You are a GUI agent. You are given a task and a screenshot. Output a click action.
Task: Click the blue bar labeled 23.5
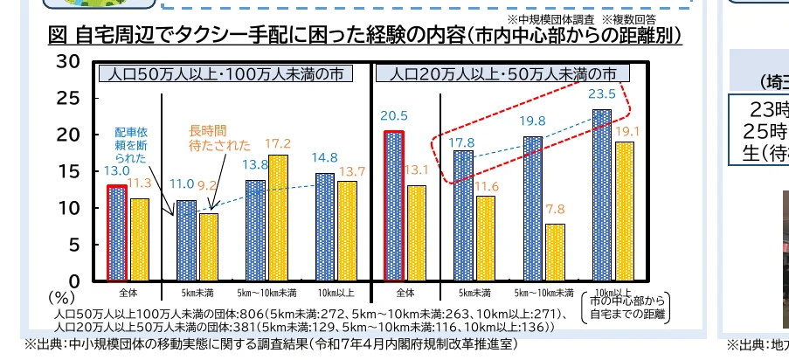(601, 195)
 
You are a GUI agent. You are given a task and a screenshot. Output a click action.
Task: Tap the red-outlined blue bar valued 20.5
(395, 206)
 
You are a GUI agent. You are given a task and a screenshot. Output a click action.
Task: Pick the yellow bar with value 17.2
(278, 218)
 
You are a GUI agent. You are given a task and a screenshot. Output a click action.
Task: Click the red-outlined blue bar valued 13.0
(117, 233)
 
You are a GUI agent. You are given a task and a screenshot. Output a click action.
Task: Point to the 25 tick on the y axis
(67, 98)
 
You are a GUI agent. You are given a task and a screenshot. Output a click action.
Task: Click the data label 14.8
(323, 158)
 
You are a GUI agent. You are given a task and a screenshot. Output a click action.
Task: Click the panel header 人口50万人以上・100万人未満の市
(227, 73)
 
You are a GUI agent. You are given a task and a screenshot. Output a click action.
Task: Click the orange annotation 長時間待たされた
(219, 138)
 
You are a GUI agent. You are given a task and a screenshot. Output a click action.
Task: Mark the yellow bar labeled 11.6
(484, 238)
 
